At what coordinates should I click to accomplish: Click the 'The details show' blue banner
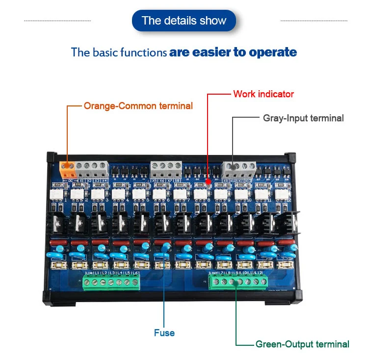coord(184,21)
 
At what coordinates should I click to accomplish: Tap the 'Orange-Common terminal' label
coord(138,105)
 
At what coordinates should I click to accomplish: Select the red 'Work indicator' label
coord(263,94)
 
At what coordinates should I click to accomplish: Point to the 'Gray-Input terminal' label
coord(303,118)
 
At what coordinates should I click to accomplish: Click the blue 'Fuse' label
coord(164,333)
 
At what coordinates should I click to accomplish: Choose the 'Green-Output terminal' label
coord(302,344)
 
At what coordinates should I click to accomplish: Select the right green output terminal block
coord(238,282)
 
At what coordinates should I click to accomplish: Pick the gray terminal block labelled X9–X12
coord(238,169)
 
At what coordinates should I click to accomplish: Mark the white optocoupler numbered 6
coord(159,195)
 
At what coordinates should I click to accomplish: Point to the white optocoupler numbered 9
coord(220,195)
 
